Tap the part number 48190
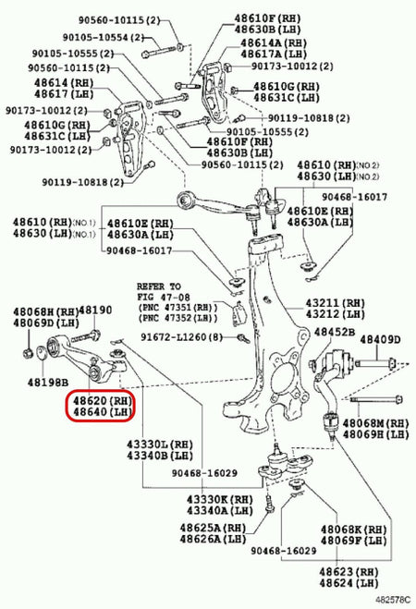(94, 311)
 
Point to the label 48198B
(47, 381)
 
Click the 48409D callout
(380, 339)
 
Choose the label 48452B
(335, 332)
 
